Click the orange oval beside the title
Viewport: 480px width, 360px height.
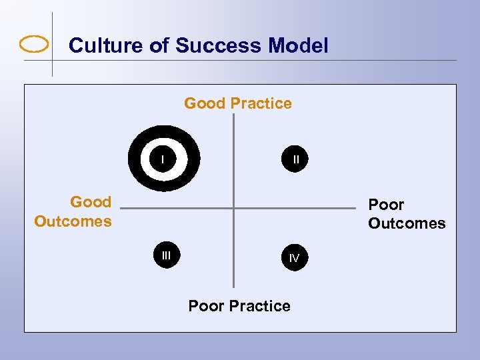[35, 45]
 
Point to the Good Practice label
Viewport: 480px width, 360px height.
[238, 103]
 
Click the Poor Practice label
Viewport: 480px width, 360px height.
[239, 306]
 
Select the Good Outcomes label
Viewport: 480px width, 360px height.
[73, 211]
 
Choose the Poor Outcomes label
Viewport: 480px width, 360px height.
[406, 214]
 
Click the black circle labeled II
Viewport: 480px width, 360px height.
[295, 159]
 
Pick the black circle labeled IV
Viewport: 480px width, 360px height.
[294, 257]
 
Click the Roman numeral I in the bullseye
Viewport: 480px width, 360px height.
[163, 159]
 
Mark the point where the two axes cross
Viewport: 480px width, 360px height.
[234, 209]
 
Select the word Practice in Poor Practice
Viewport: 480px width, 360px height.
[260, 306]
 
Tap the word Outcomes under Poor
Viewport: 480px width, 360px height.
[407, 223]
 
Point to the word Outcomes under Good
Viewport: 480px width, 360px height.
[73, 221]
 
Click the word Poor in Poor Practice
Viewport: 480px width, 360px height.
[206, 306]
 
